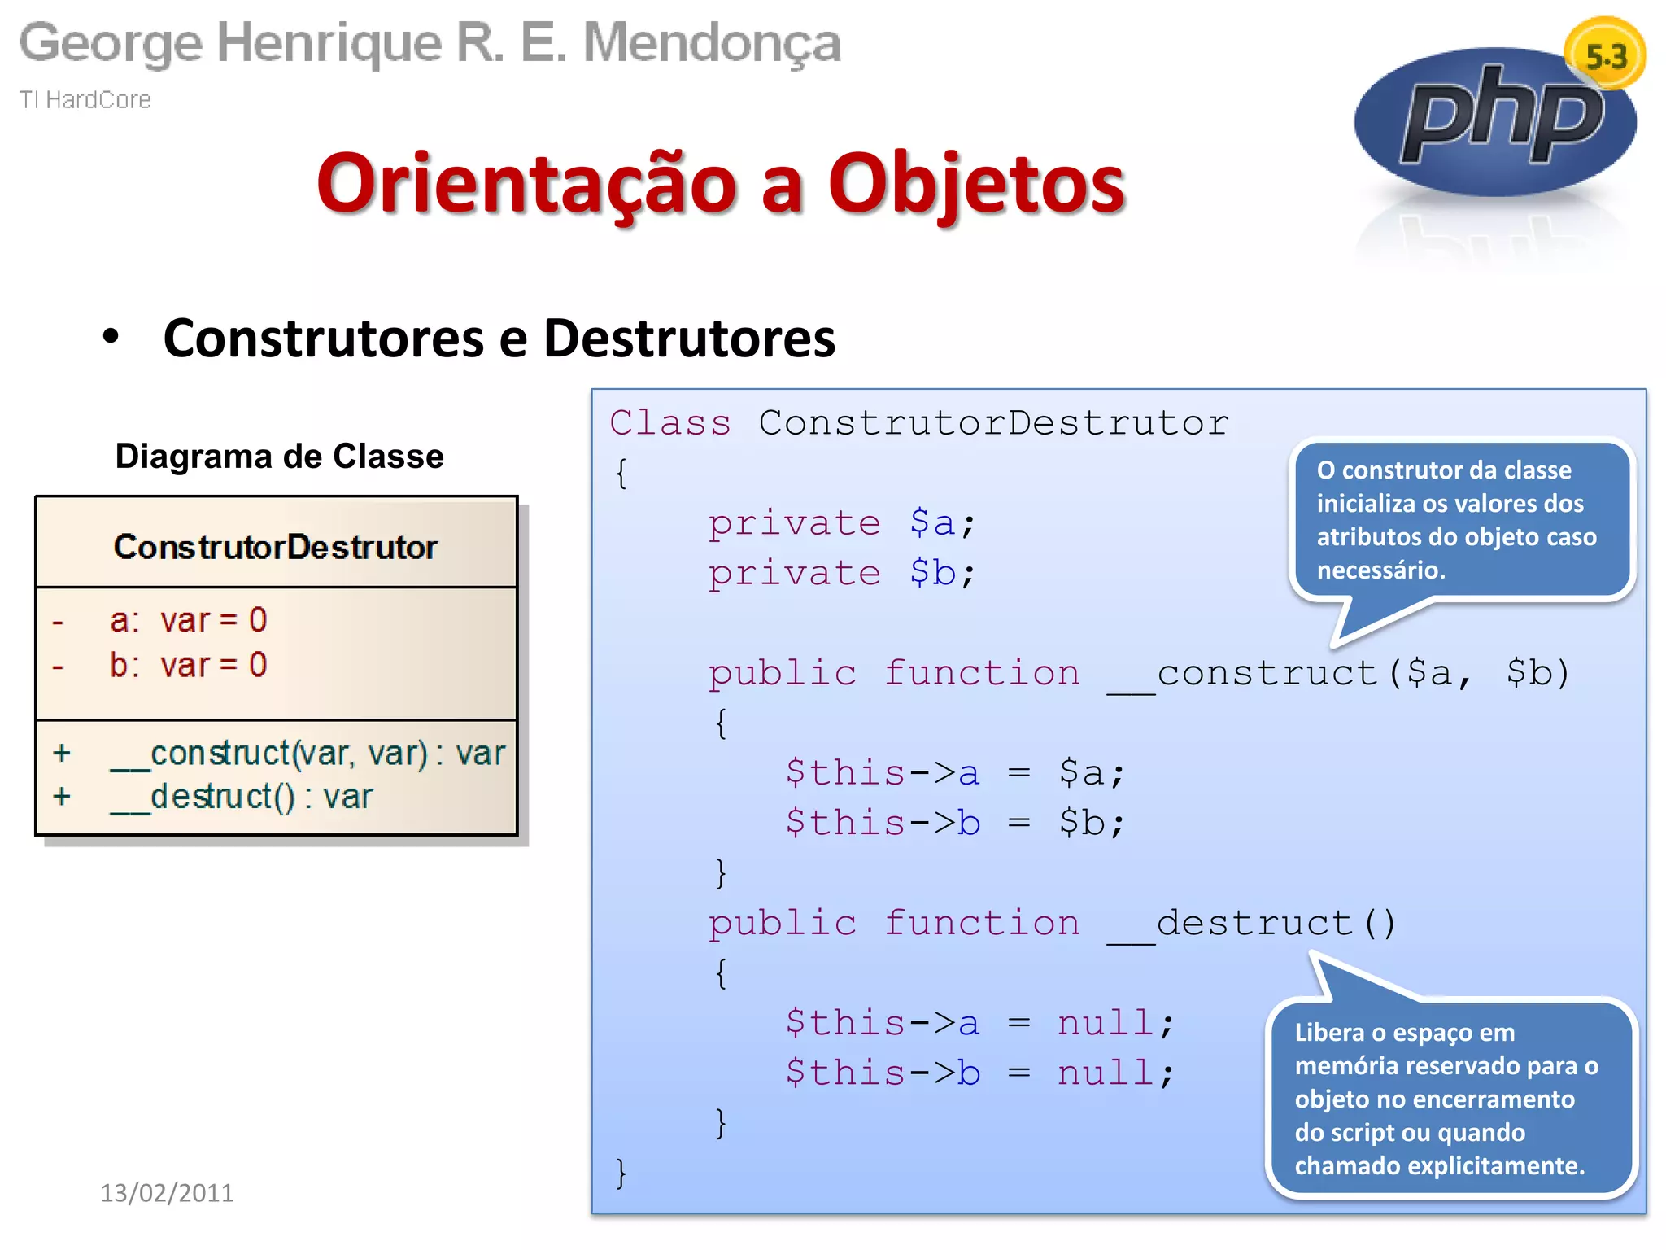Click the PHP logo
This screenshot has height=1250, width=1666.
(1495, 122)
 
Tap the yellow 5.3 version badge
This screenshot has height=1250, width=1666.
(1605, 55)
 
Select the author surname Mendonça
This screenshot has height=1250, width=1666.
(711, 42)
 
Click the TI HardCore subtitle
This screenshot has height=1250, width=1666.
(85, 99)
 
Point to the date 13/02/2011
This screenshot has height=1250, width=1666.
(167, 1192)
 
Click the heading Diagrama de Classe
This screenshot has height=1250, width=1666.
(279, 456)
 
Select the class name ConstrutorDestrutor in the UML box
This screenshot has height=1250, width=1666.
(275, 547)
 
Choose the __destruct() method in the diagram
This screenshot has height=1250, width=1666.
(242, 796)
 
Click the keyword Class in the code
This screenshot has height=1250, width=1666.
(670, 423)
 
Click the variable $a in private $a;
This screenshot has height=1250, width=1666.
(932, 523)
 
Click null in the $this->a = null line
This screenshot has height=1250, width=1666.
(1105, 1024)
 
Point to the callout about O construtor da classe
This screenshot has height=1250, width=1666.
(1461, 519)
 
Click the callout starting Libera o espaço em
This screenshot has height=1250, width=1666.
(1450, 1099)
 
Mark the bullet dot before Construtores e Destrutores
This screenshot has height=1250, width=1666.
(111, 336)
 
